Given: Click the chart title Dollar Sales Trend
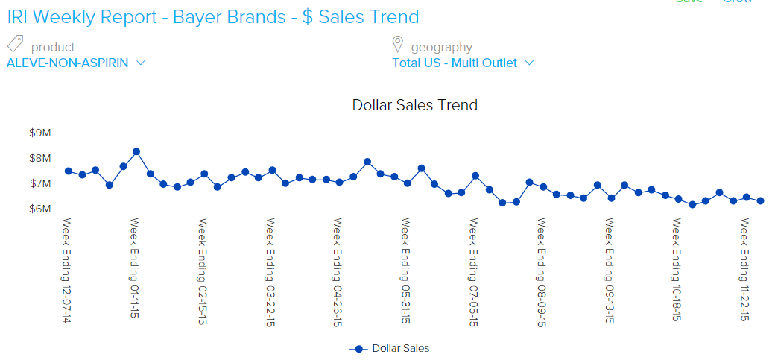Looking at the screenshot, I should click(x=414, y=105).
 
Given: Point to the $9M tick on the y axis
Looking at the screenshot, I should click(x=39, y=133).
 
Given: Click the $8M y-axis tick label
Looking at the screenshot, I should click(x=39, y=158).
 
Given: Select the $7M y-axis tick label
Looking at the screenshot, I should click(x=39, y=183).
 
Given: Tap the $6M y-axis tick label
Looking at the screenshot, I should click(x=39, y=209).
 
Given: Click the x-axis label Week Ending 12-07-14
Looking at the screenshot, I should click(x=67, y=271).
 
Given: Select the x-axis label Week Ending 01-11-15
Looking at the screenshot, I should click(x=136, y=268).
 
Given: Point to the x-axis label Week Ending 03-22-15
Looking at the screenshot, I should click(x=271, y=271).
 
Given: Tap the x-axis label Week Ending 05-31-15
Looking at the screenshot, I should click(x=407, y=271).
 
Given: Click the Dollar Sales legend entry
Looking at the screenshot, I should click(x=390, y=348).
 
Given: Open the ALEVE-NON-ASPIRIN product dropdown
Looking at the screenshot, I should click(x=75, y=63).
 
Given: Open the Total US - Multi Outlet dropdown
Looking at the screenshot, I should click(x=463, y=63).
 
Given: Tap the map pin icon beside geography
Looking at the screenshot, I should click(x=398, y=44).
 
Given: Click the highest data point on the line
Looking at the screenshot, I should click(x=136, y=151).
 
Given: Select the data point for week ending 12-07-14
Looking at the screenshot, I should click(x=69, y=171).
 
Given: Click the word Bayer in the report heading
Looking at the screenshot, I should click(x=197, y=16).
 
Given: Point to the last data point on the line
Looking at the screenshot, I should click(x=760, y=200).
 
